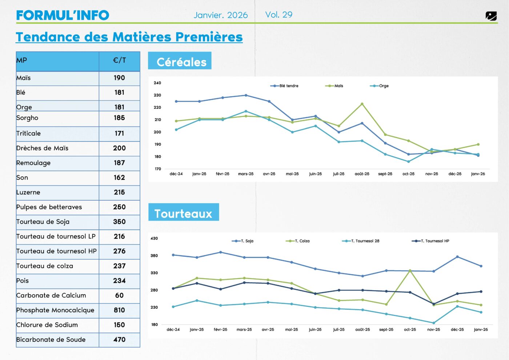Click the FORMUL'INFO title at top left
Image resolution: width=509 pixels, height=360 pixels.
[x=63, y=15]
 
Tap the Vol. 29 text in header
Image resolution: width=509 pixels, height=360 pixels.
[x=278, y=15]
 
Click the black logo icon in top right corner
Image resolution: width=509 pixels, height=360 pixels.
[x=491, y=16]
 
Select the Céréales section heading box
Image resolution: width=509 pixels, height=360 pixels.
[x=180, y=61]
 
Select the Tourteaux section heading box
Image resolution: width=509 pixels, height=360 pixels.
[x=184, y=212]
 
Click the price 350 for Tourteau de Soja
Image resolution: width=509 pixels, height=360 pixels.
[x=119, y=222]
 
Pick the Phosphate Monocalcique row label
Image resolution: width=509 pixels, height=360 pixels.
[x=55, y=310]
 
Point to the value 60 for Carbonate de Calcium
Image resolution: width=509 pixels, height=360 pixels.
[x=119, y=296]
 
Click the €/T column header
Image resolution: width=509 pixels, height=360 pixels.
[x=119, y=60]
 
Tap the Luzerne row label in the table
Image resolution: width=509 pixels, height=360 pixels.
[x=28, y=192]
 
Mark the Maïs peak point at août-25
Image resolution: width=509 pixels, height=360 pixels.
[x=362, y=104]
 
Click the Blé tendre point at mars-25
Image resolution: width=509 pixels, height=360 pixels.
[x=246, y=95]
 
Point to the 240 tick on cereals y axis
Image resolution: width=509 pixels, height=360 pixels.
[x=157, y=83]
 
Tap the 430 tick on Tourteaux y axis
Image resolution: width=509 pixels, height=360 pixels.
[x=154, y=239]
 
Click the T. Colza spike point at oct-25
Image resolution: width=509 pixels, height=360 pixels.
[x=410, y=271]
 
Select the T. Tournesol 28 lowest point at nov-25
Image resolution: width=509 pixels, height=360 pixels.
[x=433, y=323]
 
